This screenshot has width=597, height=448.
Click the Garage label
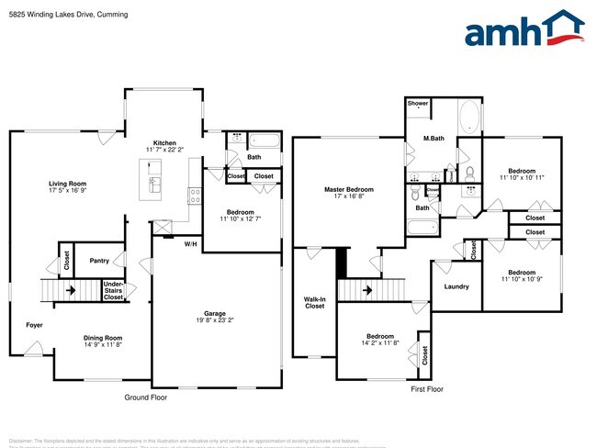pyautogui.click(x=215, y=312)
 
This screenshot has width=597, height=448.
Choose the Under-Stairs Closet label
pyautogui.click(x=114, y=291)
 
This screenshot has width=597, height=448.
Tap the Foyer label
pyautogui.click(x=34, y=325)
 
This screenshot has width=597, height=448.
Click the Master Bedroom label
pyautogui.click(x=348, y=190)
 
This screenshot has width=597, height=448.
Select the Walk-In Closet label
pyautogui.click(x=315, y=302)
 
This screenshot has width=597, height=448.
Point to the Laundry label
pyautogui.click(x=456, y=286)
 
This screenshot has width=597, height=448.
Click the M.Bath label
pyautogui.click(x=434, y=139)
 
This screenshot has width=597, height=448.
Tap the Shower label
pyautogui.click(x=418, y=104)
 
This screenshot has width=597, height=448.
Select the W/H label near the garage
pyautogui.click(x=191, y=243)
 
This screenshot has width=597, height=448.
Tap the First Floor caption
pyautogui.click(x=426, y=389)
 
